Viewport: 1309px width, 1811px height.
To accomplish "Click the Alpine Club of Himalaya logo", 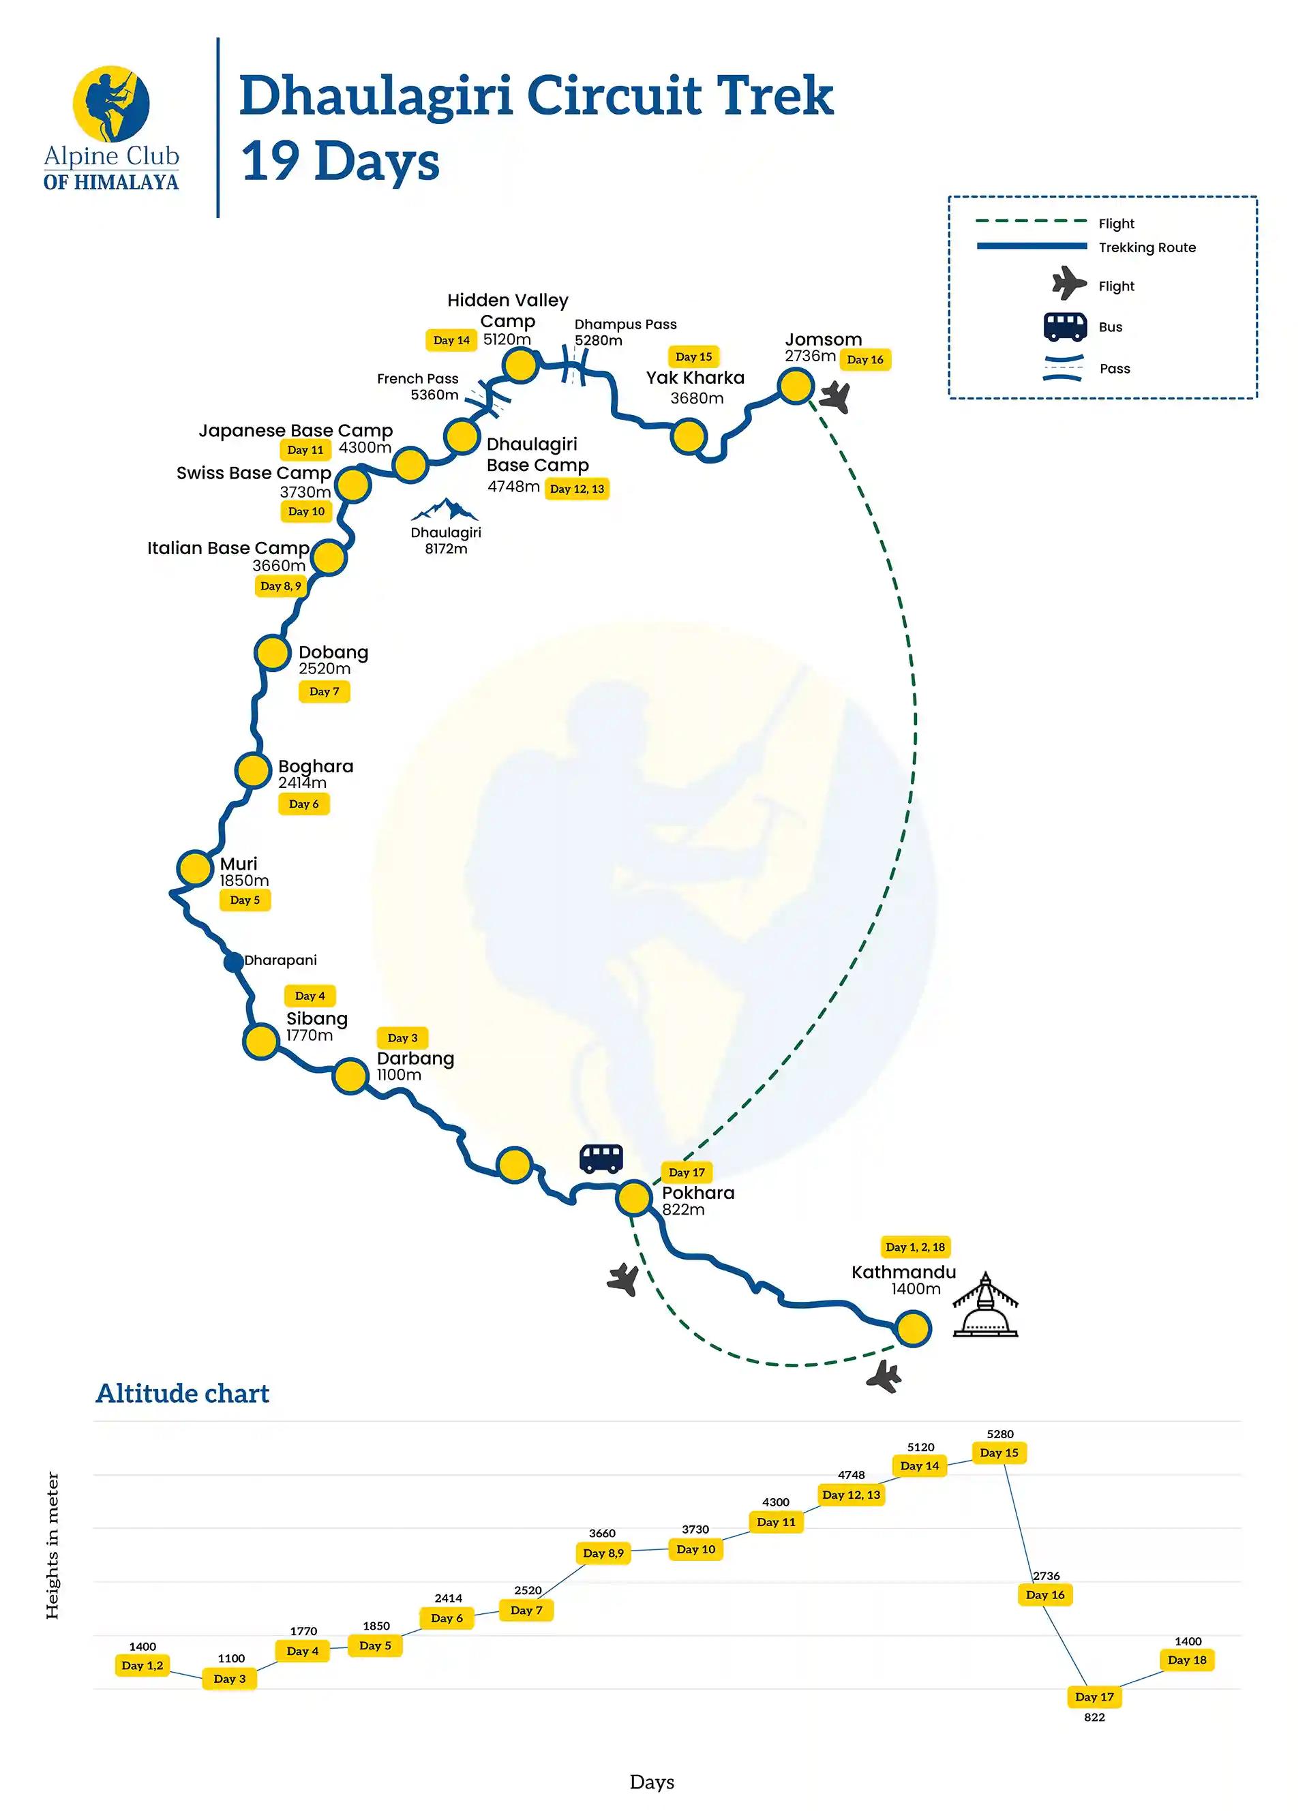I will [x=111, y=127].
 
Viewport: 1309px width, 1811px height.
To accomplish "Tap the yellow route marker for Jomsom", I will [x=796, y=386].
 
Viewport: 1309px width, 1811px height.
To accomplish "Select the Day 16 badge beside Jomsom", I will [x=865, y=359].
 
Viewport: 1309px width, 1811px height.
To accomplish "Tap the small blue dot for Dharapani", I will [x=233, y=962].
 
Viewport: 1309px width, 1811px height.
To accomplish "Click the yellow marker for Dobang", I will [x=271, y=652].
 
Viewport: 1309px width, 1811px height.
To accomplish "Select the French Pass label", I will [x=418, y=378].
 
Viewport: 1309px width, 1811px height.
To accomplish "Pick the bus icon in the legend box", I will [x=1065, y=326].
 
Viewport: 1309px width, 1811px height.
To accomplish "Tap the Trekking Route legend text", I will [x=1147, y=247].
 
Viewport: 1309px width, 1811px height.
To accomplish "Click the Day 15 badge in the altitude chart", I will [x=999, y=1452].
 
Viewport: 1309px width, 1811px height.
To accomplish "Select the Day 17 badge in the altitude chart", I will [x=1094, y=1696].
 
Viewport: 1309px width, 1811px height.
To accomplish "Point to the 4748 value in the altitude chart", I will [x=852, y=1474].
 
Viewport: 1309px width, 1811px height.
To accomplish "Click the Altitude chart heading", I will [x=183, y=1393].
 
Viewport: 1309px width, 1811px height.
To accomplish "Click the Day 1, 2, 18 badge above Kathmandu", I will [x=915, y=1247].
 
